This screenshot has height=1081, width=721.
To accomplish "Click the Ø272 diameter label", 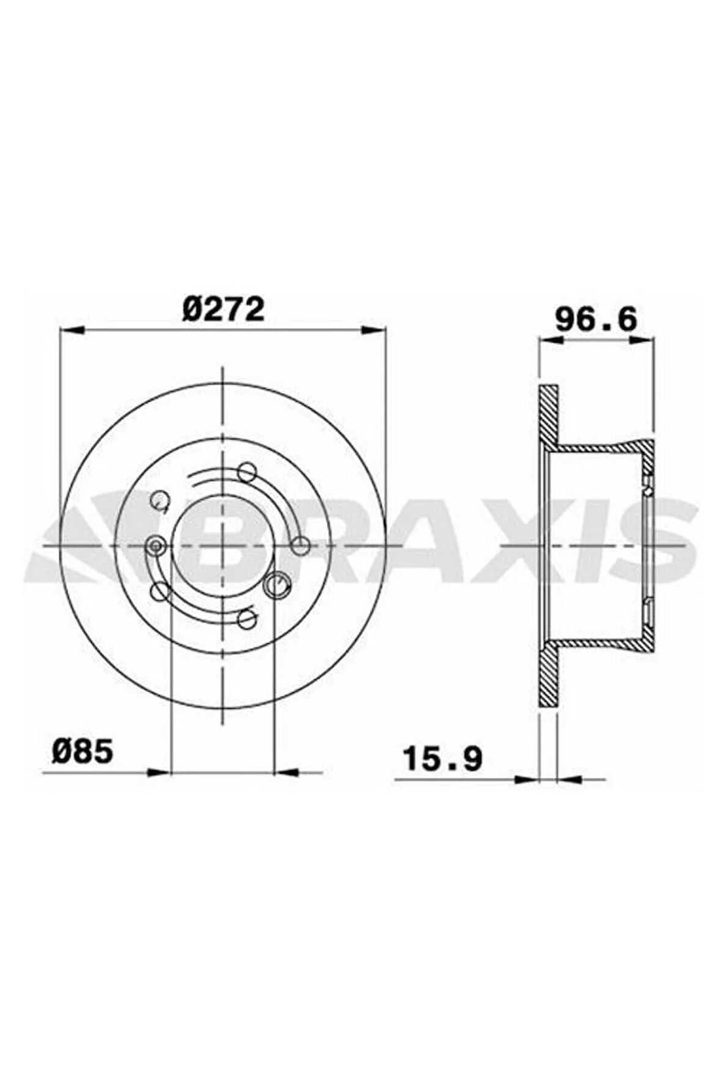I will click(x=224, y=310).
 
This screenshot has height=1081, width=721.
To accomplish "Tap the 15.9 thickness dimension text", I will click(x=443, y=759).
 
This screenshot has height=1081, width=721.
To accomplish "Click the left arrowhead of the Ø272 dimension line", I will click(x=71, y=330).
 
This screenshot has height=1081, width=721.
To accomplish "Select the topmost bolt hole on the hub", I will click(x=246, y=471).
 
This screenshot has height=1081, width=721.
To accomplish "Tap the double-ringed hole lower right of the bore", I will click(x=276, y=584).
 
